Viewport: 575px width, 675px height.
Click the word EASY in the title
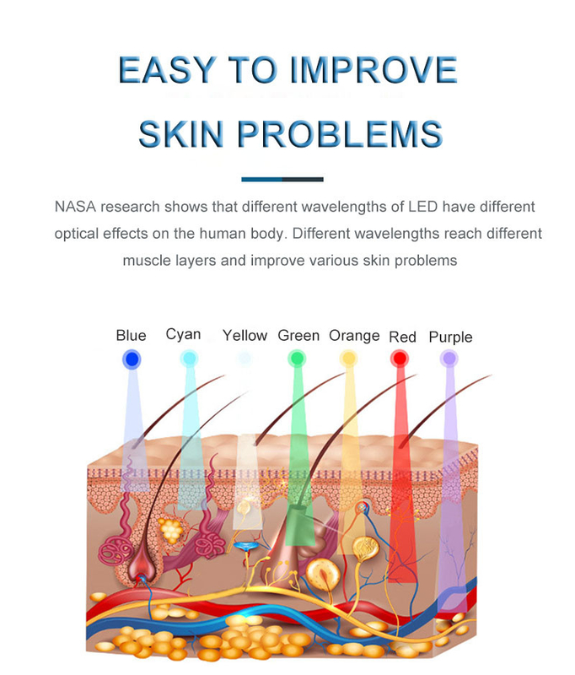tap(166, 69)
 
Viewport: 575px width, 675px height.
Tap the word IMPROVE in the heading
tap(373, 69)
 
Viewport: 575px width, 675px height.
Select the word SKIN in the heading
tap(181, 134)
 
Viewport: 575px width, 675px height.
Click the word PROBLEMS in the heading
tap(340, 134)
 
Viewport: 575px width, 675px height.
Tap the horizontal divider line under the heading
tap(282, 179)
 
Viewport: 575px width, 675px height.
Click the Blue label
tap(132, 335)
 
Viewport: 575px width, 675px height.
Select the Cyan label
tap(183, 334)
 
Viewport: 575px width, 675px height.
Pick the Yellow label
tap(245, 335)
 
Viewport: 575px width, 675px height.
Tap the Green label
tap(298, 335)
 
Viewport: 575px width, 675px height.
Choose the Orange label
tap(354, 336)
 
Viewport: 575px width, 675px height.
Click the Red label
tap(402, 337)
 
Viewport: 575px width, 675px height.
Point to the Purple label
tap(451, 337)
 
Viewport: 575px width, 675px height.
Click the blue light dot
tap(132, 359)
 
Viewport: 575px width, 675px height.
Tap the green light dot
tap(297, 358)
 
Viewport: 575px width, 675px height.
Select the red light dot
tap(400, 358)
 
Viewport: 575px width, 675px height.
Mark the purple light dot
tap(449, 358)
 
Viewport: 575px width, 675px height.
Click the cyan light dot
tap(189, 358)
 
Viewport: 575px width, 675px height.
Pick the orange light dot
tap(348, 358)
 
